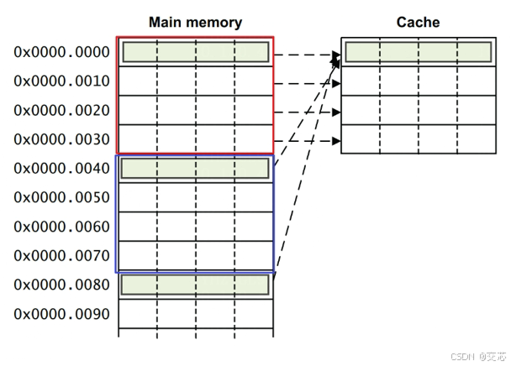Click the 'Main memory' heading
point(195,23)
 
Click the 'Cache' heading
point(418,23)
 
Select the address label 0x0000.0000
point(61,52)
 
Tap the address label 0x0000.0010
point(61,81)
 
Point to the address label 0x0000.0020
point(61,111)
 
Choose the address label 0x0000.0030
point(61,139)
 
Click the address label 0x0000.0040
point(61,169)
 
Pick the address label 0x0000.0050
point(61,198)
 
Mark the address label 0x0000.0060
point(61,227)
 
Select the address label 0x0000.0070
point(61,256)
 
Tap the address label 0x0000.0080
point(61,285)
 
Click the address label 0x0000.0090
point(61,315)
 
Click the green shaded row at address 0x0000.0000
point(195,52)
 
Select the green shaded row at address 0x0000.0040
point(195,169)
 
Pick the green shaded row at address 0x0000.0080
point(195,285)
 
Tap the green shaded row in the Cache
point(418,52)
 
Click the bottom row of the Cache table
point(418,139)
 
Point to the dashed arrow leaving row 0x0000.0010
point(307,84)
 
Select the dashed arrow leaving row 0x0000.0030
point(307,140)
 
